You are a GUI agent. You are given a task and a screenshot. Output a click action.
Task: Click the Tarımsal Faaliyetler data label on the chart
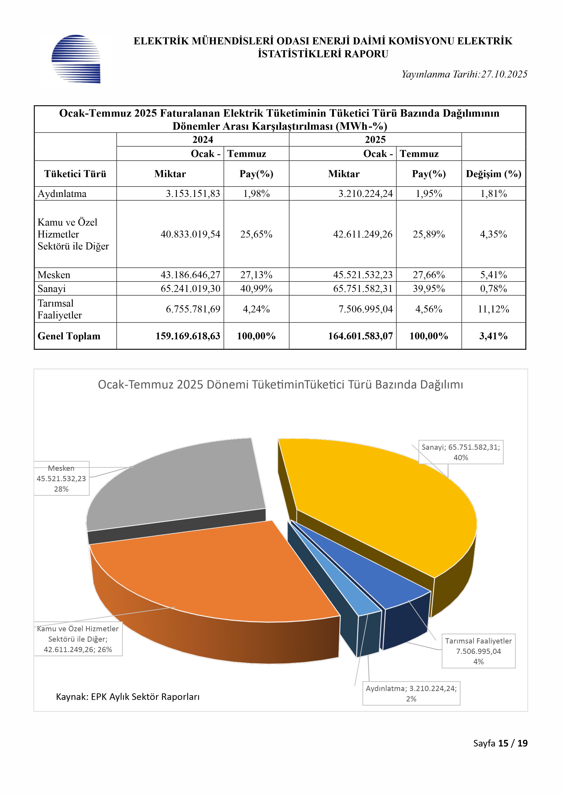coord(478,651)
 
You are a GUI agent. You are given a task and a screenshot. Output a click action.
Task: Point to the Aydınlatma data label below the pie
coord(411,693)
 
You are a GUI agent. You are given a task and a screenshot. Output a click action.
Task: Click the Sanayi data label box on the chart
coord(461,452)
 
